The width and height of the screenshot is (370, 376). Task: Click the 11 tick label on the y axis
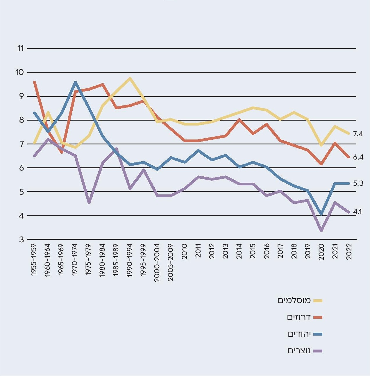(20, 48)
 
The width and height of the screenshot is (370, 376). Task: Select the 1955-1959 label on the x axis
(34, 260)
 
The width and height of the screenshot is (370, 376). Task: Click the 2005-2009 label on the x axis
(171, 263)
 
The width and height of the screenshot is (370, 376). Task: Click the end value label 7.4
(358, 134)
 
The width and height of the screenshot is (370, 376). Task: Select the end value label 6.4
(358, 157)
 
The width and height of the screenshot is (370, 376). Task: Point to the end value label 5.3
(358, 183)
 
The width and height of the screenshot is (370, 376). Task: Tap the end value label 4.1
(358, 212)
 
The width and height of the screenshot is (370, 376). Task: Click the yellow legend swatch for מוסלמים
(318, 301)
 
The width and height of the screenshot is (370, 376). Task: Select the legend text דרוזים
(299, 317)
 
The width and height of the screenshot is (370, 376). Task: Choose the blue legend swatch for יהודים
(318, 334)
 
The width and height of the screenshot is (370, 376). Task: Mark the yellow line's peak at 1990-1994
(130, 78)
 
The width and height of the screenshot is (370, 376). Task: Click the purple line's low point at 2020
(321, 231)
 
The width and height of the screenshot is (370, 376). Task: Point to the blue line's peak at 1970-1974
(75, 82)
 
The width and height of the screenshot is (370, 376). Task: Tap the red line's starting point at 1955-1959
(35, 82)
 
